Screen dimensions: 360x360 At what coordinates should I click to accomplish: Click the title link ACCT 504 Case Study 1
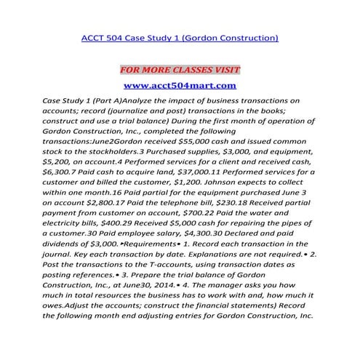point(180,36)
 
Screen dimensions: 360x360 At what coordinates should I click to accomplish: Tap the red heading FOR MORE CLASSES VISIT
point(180,70)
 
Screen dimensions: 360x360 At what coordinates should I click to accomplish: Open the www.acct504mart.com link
point(180,86)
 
